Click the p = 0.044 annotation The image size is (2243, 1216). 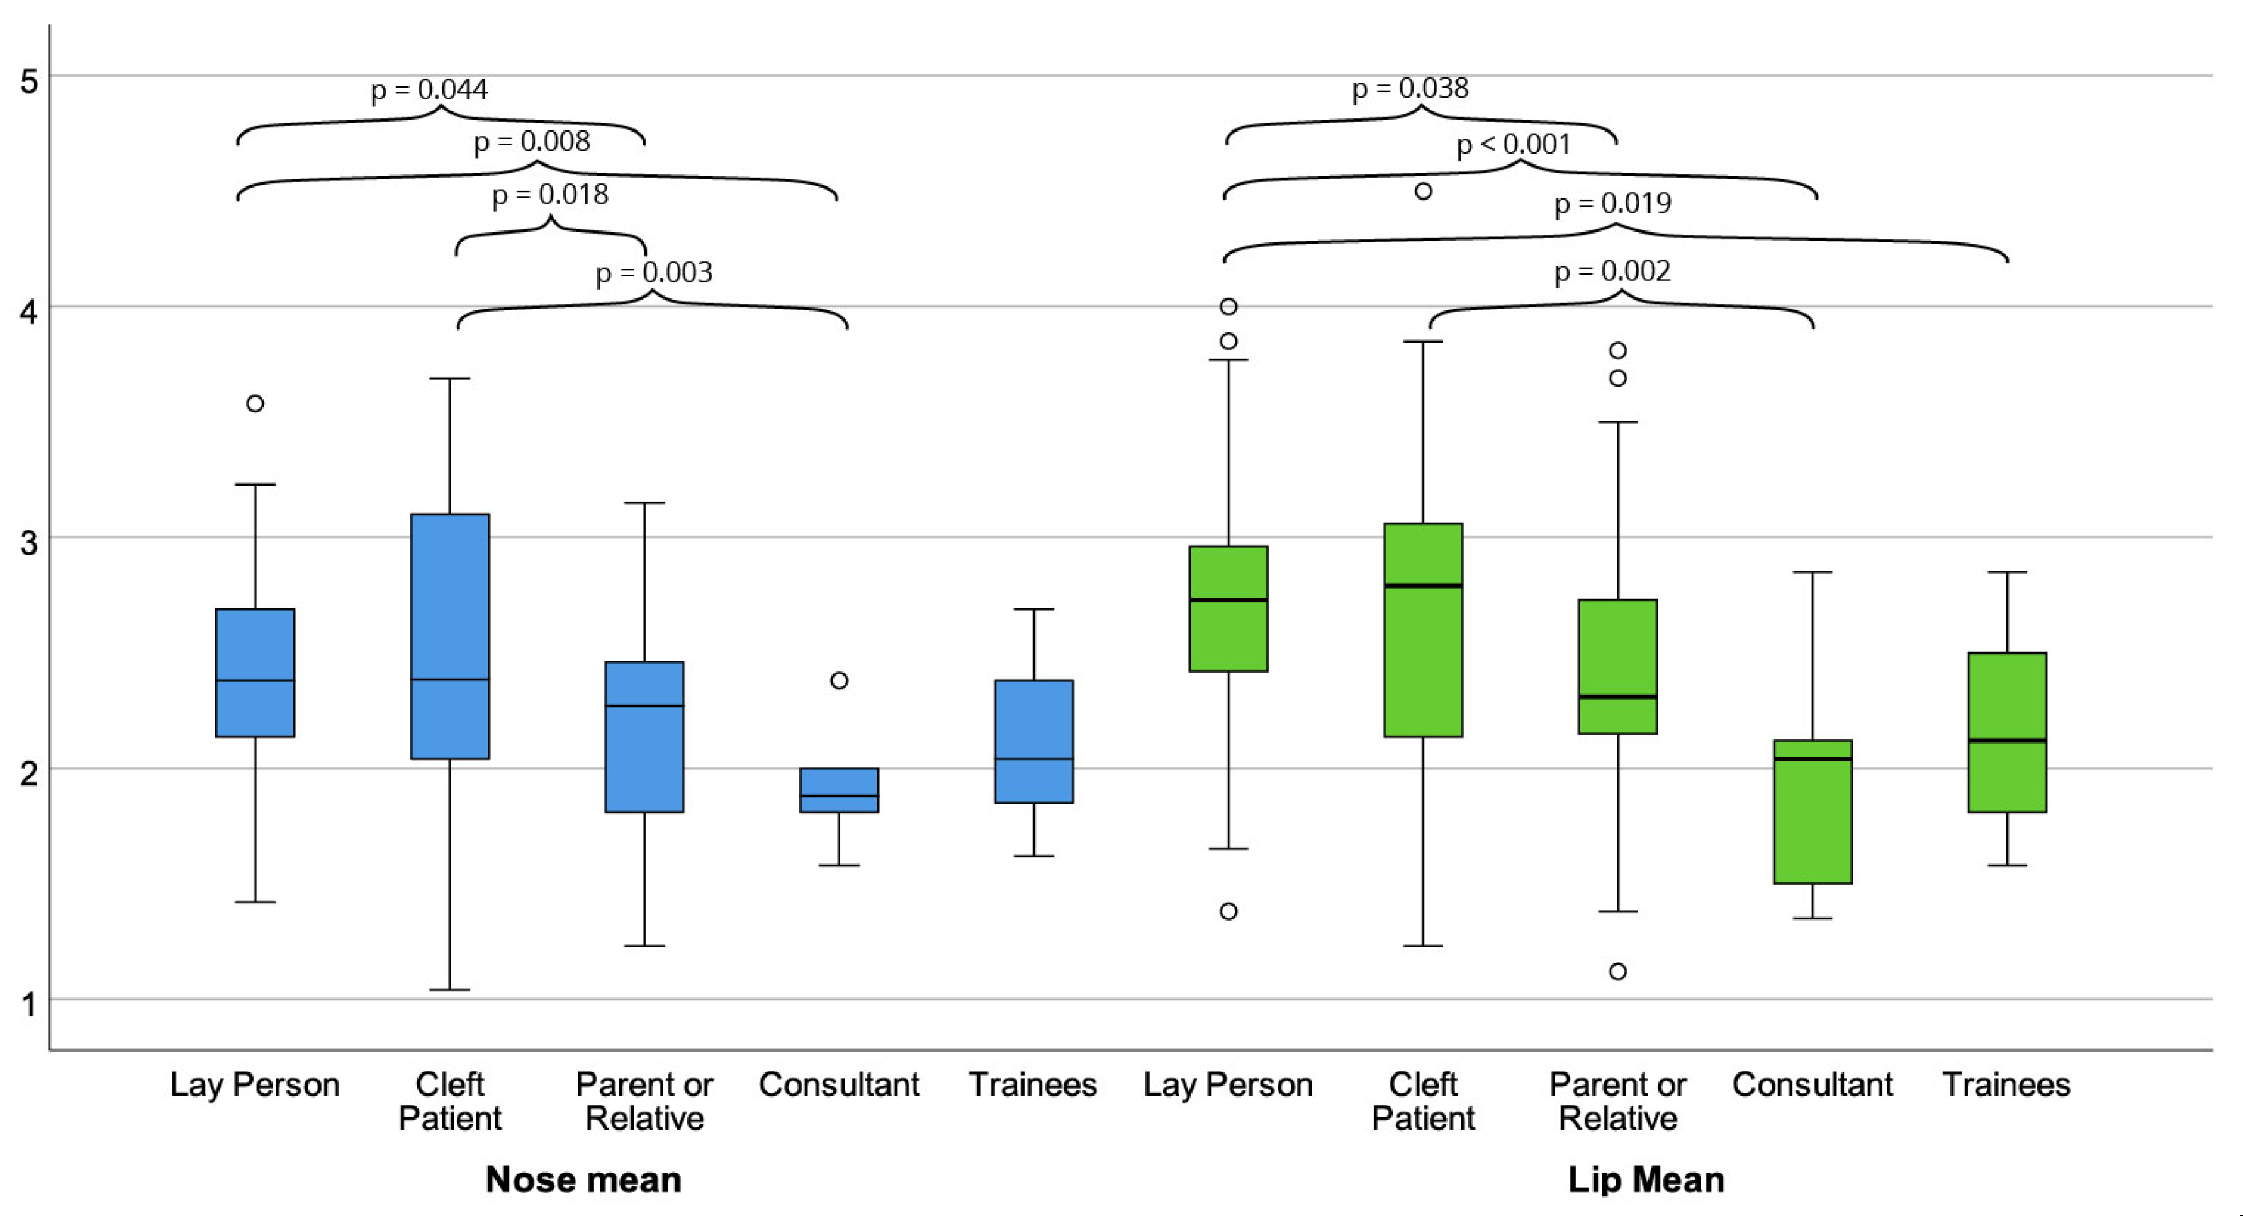429,89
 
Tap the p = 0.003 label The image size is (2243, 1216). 653,273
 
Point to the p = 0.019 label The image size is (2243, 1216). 1612,203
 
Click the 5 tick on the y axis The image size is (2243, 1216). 30,82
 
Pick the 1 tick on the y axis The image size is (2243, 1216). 30,1004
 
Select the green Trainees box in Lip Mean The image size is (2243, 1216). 2007,732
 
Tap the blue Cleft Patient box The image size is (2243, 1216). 450,636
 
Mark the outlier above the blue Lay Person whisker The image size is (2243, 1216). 255,403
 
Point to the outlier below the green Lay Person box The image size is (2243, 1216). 1228,911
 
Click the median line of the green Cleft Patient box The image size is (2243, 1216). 1423,586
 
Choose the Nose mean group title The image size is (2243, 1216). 583,1179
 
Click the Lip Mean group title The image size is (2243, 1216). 1646,1179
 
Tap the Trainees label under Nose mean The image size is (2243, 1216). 1033,1084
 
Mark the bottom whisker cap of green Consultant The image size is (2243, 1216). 1813,918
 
